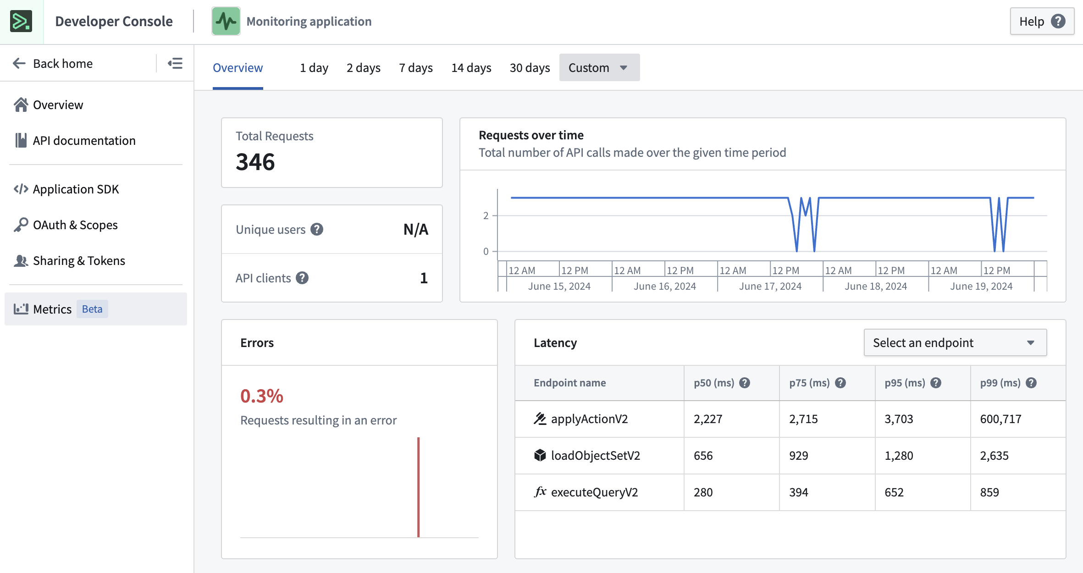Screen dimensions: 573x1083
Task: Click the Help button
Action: tap(1041, 22)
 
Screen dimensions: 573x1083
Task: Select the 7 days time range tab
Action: tap(415, 68)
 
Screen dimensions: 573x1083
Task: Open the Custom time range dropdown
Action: tap(599, 68)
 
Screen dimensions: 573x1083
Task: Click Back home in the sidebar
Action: tap(53, 63)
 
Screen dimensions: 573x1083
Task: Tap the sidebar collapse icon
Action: tap(175, 63)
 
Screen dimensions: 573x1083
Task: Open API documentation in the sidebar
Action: tap(84, 140)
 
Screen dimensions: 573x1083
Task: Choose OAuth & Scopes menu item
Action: tap(75, 225)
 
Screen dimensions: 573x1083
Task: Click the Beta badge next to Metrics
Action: tap(92, 309)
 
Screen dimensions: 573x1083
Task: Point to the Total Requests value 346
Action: tap(255, 162)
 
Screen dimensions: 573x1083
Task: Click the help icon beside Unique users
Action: tap(317, 229)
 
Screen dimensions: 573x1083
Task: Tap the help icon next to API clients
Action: tap(302, 278)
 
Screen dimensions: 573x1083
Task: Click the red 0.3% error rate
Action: tap(262, 396)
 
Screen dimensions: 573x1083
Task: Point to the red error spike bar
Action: tap(418, 486)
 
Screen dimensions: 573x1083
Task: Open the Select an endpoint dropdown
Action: tap(955, 342)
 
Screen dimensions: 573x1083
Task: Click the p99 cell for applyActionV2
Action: tap(1000, 419)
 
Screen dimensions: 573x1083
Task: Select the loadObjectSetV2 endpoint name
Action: tap(595, 456)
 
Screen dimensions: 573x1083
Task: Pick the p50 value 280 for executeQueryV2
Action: tap(703, 492)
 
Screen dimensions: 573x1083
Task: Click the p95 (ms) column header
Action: tap(905, 383)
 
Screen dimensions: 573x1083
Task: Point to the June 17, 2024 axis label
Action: tap(770, 286)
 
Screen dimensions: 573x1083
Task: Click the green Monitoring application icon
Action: tap(226, 21)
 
